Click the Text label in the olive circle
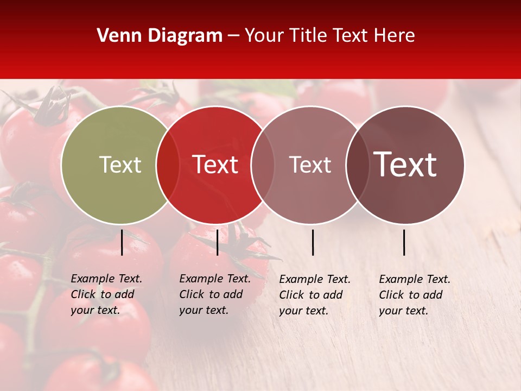pyautogui.click(x=120, y=165)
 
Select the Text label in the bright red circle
pyautogui.click(x=215, y=165)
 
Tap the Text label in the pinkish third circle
pyautogui.click(x=310, y=165)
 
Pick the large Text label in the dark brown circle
pyautogui.click(x=405, y=165)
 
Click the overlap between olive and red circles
pyautogui.click(x=168, y=165)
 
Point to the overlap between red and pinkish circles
pyautogui.click(x=263, y=165)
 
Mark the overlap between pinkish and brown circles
pyautogui.click(x=358, y=165)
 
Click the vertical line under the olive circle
pyautogui.click(x=122, y=242)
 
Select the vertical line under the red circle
pyautogui.click(x=217, y=242)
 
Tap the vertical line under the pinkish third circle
pyautogui.click(x=313, y=242)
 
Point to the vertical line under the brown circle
pyautogui.click(x=404, y=242)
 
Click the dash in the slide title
pyautogui.click(x=233, y=36)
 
